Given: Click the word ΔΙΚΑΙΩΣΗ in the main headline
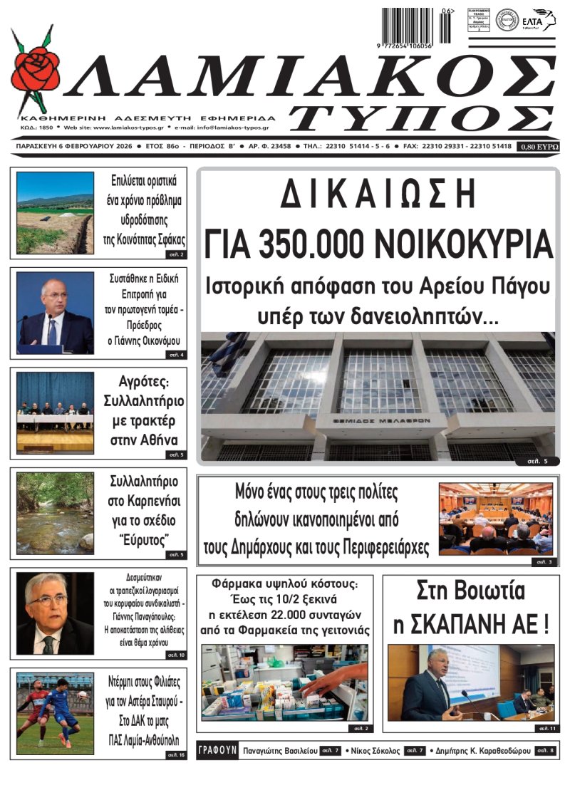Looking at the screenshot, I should pos(377,194).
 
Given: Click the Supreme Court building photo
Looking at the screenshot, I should pos(377,395).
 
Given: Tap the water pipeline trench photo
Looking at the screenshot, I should pos(55,212).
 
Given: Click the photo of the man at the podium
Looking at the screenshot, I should pos(55,312).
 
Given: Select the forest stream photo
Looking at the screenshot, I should pos(55,513).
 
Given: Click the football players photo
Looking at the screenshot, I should pos(55,713).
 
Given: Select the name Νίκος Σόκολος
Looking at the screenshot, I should pos(372,751).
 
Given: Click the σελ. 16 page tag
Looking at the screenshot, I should pos(175,754).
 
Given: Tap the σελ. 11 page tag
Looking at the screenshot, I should pos(546,728).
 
